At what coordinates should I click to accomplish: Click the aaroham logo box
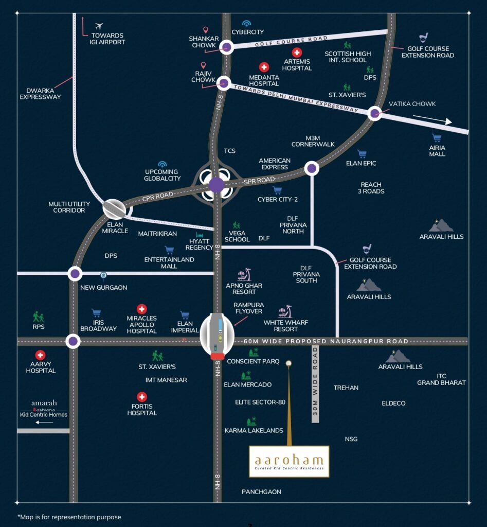[289, 461]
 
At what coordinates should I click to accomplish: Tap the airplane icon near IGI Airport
[99, 26]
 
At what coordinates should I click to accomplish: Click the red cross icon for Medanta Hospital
[264, 67]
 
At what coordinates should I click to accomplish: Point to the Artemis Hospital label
[297, 64]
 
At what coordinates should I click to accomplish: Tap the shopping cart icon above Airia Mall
[437, 138]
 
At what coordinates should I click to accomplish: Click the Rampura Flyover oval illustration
[217, 335]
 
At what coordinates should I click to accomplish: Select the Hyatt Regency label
[199, 244]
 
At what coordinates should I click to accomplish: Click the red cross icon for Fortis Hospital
[142, 397]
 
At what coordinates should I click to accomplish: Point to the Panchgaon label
[261, 491]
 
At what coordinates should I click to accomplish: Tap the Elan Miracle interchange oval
[114, 209]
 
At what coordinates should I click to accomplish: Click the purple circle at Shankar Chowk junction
[226, 48]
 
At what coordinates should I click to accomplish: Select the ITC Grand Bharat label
[441, 379]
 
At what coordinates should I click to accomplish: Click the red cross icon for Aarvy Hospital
[40, 355]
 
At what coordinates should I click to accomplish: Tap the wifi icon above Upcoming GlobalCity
[163, 164]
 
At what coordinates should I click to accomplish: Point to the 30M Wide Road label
[315, 384]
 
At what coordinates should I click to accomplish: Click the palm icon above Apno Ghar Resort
[244, 274]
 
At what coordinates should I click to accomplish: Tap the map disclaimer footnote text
[69, 517]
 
